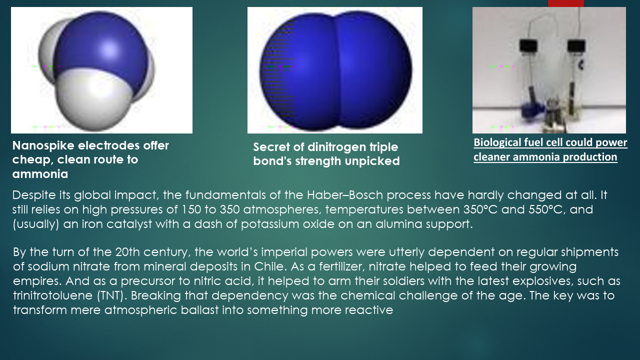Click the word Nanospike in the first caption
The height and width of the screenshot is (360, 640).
tap(43, 146)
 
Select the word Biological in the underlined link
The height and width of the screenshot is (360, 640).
tap(498, 142)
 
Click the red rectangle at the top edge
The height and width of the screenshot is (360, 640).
tap(565, 3)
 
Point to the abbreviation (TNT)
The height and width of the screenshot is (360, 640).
tap(112, 295)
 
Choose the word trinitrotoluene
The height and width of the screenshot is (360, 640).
tap(53, 295)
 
